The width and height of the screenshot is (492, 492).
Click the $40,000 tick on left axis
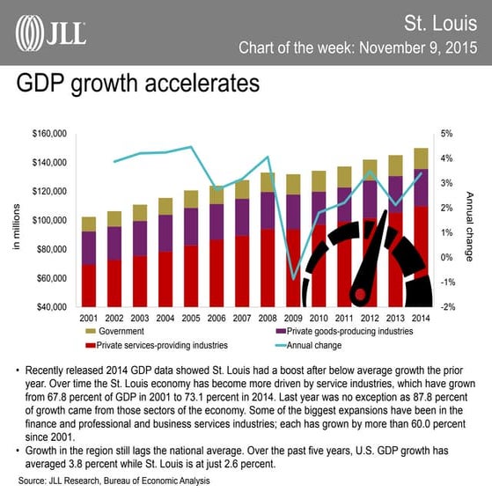(x=52, y=306)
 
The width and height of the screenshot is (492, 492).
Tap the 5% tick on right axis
(x=446, y=134)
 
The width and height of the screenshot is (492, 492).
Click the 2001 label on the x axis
(x=88, y=318)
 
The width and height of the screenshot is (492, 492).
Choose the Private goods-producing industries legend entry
(x=344, y=332)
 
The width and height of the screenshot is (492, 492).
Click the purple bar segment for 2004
(x=165, y=233)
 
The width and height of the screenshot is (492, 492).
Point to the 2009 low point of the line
(x=293, y=279)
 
